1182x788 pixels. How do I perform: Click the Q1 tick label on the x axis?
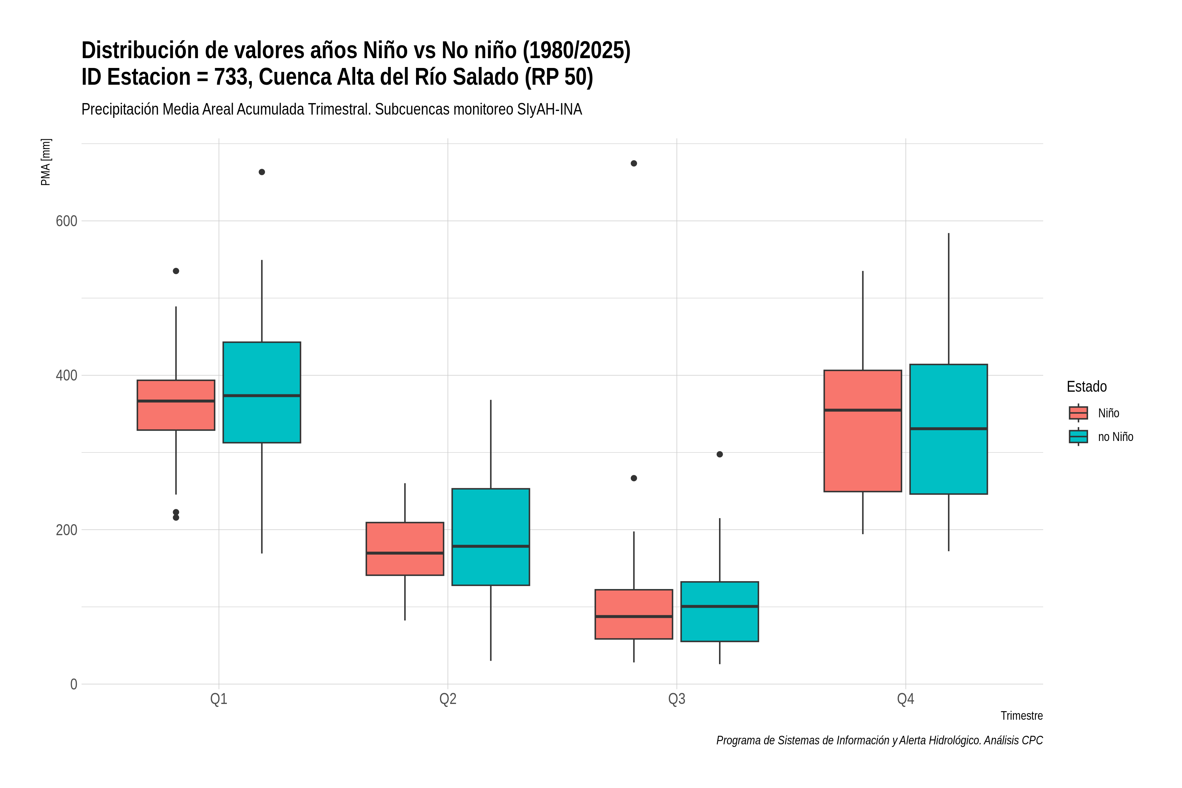tap(219, 699)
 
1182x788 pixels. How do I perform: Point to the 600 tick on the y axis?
tap(66, 221)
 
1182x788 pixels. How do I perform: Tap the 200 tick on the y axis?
tap(66, 530)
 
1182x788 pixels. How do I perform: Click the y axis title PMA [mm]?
tap(46, 162)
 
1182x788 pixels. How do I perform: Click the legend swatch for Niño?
tap(1078, 413)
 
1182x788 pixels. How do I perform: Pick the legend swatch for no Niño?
tap(1078, 437)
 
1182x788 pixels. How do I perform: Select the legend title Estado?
tap(1086, 386)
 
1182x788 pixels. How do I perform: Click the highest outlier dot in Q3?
tap(634, 163)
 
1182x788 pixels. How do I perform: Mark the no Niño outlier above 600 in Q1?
tap(262, 172)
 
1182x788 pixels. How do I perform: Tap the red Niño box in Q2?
tap(405, 549)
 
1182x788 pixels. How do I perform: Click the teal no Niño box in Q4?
tap(948, 429)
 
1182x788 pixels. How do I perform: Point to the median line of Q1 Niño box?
tap(176, 401)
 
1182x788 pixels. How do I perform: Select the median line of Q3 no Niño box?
tap(720, 606)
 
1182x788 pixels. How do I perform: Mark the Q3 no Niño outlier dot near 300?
tap(720, 454)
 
